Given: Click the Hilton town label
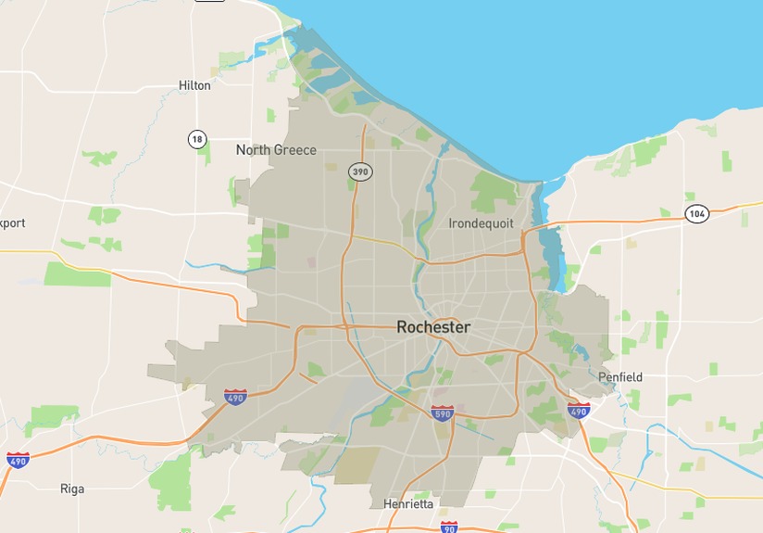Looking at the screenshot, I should (x=194, y=85).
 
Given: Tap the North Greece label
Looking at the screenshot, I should (x=276, y=150).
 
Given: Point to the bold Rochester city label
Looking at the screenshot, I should (x=433, y=327).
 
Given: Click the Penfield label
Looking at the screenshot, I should (x=619, y=377).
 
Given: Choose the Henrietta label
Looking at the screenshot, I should (x=408, y=503).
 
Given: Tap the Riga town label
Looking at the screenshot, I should (x=72, y=489).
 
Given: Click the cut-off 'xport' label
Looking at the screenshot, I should (x=13, y=223).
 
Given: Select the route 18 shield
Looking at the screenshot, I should (x=196, y=139).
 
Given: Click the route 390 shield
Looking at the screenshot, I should (x=359, y=171).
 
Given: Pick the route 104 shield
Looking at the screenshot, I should (x=697, y=214).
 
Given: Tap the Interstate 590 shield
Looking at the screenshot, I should (x=443, y=413).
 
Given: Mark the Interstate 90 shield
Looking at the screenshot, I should (x=449, y=527).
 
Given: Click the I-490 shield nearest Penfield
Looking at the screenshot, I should (x=579, y=411).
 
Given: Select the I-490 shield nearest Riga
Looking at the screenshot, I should (x=18, y=459).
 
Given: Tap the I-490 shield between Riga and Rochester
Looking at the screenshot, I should (x=235, y=398).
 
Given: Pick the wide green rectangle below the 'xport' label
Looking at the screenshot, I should (x=77, y=273).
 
